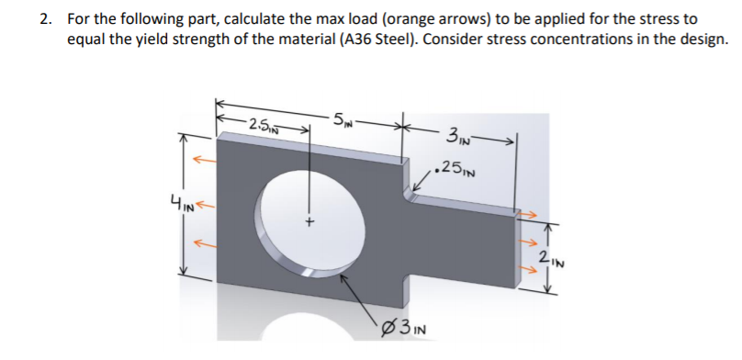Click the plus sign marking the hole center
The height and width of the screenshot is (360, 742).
pyautogui.click(x=310, y=221)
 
